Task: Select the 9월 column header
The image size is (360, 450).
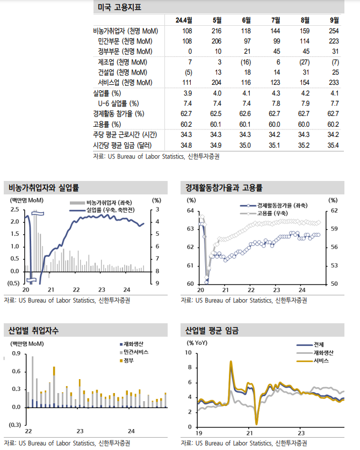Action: (x=334, y=20)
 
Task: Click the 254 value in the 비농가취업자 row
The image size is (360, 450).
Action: (x=334, y=31)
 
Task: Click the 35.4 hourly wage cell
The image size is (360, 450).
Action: (x=334, y=145)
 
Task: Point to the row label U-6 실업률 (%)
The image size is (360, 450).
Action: (x=118, y=103)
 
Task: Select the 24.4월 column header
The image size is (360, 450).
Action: (x=184, y=20)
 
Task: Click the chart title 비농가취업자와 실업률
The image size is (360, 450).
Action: (x=44, y=187)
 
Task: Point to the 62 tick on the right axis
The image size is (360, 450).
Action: (x=334, y=211)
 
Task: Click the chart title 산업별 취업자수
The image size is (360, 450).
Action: (x=33, y=330)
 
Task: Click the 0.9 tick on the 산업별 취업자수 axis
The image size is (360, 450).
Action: (x=16, y=353)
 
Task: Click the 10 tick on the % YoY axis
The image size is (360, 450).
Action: (x=188, y=353)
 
